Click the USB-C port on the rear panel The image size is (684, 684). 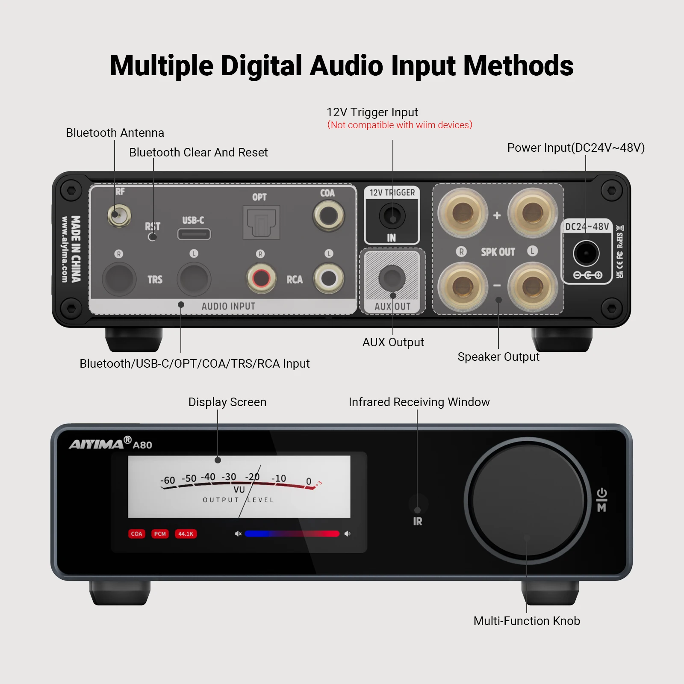coord(194,234)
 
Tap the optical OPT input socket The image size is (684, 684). coord(261,222)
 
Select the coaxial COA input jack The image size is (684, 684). coord(328,215)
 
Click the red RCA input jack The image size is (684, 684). coord(261,279)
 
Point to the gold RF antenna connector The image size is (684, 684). coord(119,215)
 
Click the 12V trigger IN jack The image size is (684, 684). coord(392,215)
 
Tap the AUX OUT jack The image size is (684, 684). coord(392,278)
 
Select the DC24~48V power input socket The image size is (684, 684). coord(586,253)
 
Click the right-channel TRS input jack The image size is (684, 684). coord(119,279)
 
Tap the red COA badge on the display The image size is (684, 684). coord(137,534)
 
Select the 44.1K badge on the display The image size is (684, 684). coord(186,534)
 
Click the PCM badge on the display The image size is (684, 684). coord(160,534)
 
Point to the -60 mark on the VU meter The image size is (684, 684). coord(168,481)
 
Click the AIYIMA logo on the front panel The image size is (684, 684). coord(97,444)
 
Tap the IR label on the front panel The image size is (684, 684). coord(418,521)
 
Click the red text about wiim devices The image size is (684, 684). coord(400,125)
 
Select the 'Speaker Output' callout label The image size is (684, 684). coord(498,357)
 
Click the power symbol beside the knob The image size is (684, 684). coord(601,493)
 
